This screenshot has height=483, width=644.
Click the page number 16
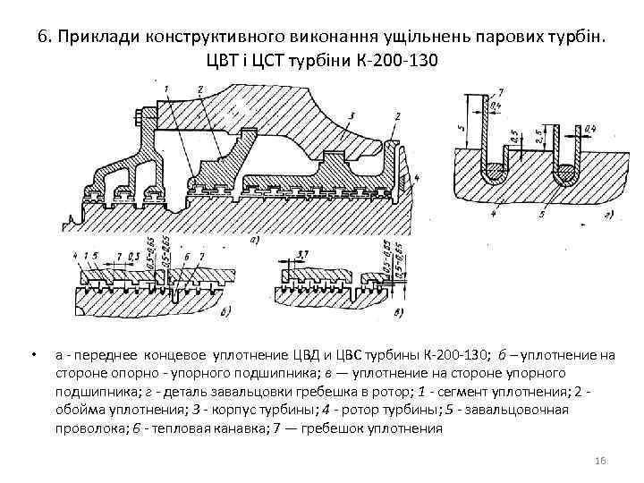[600, 460]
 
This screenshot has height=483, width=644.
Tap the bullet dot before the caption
[32, 356]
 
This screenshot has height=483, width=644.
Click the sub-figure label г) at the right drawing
[607, 215]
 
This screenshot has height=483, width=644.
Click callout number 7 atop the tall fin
[499, 93]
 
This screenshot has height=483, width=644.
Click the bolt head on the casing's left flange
[137, 117]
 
